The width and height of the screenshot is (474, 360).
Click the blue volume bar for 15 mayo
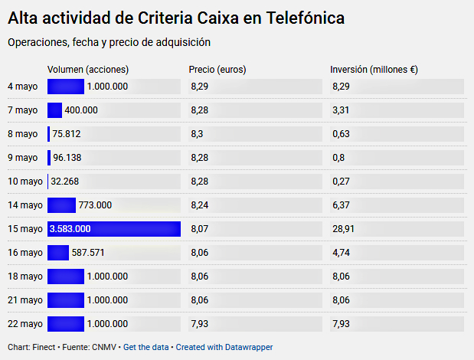pos(113,229)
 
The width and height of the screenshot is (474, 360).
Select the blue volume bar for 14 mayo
pos(61,205)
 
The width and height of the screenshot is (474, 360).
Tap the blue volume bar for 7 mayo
pos(54,110)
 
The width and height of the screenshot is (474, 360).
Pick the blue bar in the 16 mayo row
pos(58,253)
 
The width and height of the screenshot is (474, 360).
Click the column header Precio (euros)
pos(217,70)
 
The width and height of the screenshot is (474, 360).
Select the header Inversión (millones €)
pos(374,70)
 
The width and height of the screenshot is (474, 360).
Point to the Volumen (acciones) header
pos(88,70)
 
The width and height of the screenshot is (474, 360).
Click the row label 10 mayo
pos(23,182)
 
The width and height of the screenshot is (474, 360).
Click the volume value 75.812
pos(67,134)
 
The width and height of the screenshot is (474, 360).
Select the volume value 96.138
pos(67,158)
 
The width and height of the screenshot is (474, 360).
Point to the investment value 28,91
pos(344,229)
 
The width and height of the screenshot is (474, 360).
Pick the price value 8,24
pos(199,205)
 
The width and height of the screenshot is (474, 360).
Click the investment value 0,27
pos(341,182)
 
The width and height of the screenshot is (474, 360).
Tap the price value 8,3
pos(197,134)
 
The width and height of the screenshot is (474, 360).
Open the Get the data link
pos(145,347)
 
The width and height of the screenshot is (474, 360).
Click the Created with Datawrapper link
pos(224,347)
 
